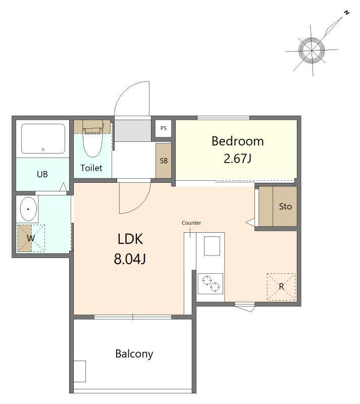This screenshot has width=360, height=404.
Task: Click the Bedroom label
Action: tap(238, 141)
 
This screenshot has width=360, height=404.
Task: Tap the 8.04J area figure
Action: tap(130, 259)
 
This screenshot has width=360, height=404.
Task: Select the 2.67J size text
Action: tap(237, 159)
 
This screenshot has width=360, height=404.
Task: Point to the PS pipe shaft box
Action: tap(164, 128)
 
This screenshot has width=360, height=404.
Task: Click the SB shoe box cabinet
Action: tap(164, 161)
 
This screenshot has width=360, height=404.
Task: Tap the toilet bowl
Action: tap(92, 139)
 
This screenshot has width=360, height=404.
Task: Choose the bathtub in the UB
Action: tap(43, 138)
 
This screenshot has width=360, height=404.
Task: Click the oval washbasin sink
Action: tap(28, 209)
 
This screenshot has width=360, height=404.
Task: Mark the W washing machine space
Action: tap(31, 238)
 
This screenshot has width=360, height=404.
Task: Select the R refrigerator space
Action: tap(281, 286)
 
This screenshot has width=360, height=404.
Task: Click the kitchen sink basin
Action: tap(212, 246)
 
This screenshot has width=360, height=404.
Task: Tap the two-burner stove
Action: tap(210, 283)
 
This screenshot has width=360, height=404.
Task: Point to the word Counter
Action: tap(191, 223)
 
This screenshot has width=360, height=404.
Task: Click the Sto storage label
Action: tap(285, 207)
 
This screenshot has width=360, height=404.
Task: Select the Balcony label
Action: tap(134, 354)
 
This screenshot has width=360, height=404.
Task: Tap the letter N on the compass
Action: tap(347, 13)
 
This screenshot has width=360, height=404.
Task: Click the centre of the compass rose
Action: tap(312, 50)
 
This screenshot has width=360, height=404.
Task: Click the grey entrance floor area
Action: tap(133, 131)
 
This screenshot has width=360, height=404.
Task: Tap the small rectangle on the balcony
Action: tap(80, 371)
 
